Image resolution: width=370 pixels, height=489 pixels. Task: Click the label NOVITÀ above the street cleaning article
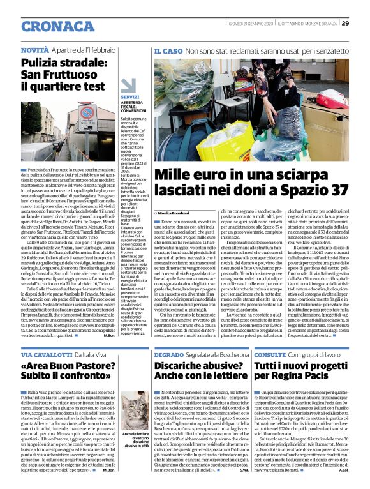coord(35,50)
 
